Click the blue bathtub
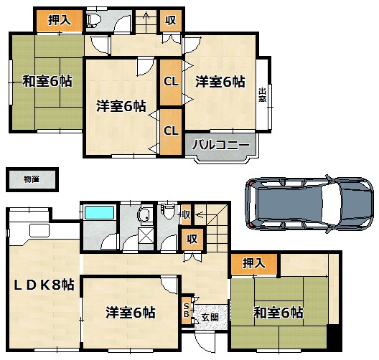(100, 212)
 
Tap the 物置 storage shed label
(32, 179)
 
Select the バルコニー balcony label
(220, 145)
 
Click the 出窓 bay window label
(263, 95)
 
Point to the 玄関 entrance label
(210, 317)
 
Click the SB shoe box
(187, 311)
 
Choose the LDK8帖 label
(44, 285)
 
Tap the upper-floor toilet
(93, 20)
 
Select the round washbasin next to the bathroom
(144, 214)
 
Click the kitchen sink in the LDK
(39, 231)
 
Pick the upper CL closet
(171, 82)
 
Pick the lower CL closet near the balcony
(171, 131)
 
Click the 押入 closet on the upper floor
(60, 21)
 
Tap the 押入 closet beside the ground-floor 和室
(254, 264)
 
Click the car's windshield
(331, 203)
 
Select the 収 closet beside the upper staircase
(171, 21)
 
